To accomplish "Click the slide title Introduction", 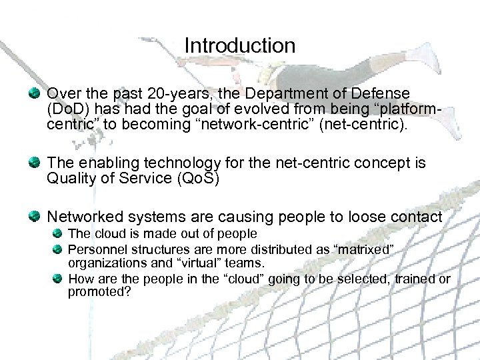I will click(x=239, y=46).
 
